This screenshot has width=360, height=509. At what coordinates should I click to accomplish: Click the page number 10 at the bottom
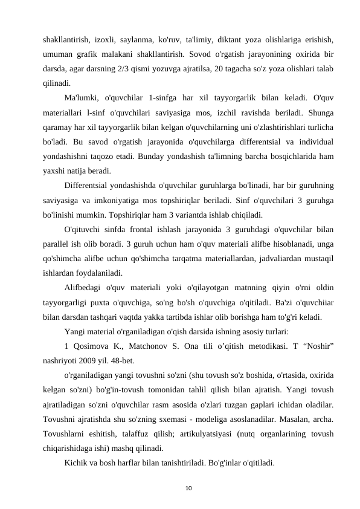tap(179, 485)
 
